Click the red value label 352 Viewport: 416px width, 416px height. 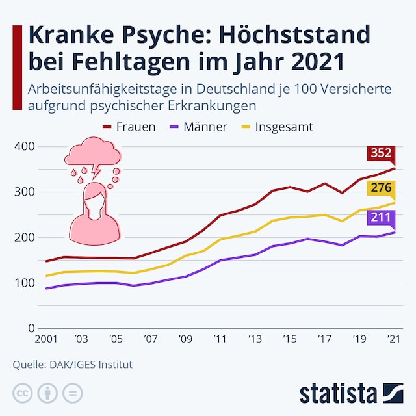381,153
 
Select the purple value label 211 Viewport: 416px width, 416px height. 381,216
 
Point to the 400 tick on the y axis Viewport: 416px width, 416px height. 24,146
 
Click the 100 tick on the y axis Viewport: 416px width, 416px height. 24,283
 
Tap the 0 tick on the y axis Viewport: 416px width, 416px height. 30,328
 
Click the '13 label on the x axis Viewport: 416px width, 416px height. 253,339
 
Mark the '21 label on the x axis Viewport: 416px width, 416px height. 393,339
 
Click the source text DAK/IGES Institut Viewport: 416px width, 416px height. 91,365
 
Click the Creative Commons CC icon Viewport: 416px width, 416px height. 23,393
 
